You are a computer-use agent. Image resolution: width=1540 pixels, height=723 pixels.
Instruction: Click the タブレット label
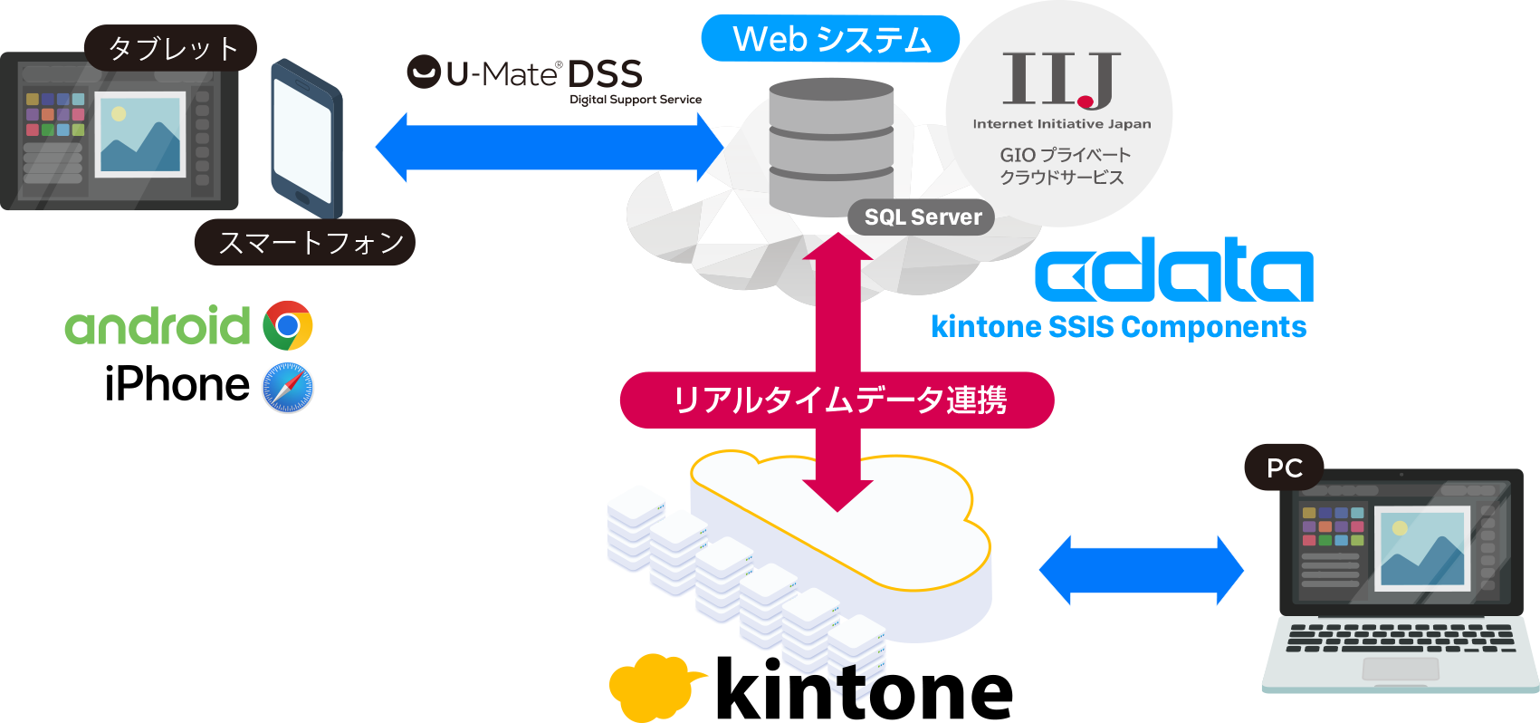pyautogui.click(x=171, y=48)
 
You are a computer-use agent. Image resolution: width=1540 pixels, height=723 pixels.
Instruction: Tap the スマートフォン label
pyautogui.click(x=305, y=242)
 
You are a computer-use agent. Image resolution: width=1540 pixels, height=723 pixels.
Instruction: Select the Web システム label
pyautogui.click(x=830, y=39)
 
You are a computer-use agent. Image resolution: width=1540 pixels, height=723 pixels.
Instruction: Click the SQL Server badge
pyautogui.click(x=922, y=217)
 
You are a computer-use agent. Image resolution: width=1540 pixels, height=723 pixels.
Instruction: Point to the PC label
pyautogui.click(x=1284, y=468)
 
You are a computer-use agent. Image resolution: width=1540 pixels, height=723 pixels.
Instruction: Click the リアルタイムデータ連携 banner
pyautogui.click(x=837, y=400)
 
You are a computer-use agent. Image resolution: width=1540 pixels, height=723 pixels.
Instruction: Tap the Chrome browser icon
pyautogui.click(x=288, y=325)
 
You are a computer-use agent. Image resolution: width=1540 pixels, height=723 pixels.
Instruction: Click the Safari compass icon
pyautogui.click(x=288, y=388)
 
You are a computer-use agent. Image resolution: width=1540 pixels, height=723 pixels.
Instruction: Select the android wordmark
pyautogui.click(x=158, y=325)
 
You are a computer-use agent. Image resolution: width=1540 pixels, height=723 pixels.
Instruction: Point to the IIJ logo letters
pyautogui.click(x=1060, y=80)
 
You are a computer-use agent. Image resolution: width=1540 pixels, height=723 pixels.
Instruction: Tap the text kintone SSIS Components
pyautogui.click(x=1119, y=327)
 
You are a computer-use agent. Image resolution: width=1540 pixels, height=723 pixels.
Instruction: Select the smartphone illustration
pyautogui.click(x=307, y=139)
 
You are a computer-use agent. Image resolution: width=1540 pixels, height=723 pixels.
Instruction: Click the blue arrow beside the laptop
pyautogui.click(x=1141, y=570)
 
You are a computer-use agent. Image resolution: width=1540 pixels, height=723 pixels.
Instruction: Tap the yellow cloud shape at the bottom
pyautogui.click(x=650, y=687)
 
